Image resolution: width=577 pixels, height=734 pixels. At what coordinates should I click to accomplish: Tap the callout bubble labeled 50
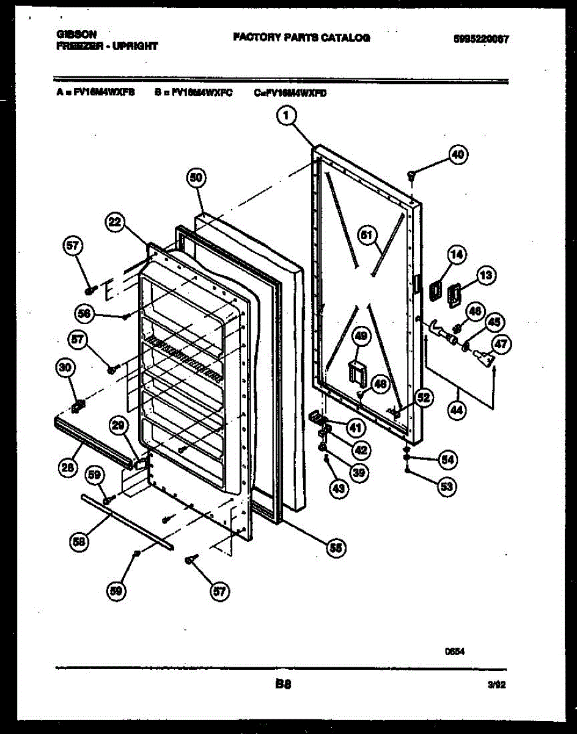(196, 178)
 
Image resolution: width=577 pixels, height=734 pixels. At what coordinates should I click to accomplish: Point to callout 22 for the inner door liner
(115, 223)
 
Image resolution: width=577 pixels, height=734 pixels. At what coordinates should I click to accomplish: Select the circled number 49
(361, 336)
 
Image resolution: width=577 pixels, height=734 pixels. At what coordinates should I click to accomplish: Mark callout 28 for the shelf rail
(68, 469)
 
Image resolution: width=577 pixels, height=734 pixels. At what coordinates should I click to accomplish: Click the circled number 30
(65, 368)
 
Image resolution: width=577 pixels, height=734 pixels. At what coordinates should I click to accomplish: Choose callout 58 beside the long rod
(77, 541)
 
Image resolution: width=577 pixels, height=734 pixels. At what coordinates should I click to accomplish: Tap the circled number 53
(448, 487)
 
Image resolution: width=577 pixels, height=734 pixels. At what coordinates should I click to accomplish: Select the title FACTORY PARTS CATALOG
(301, 38)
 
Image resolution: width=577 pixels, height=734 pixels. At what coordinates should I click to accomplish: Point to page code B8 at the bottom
(282, 684)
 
